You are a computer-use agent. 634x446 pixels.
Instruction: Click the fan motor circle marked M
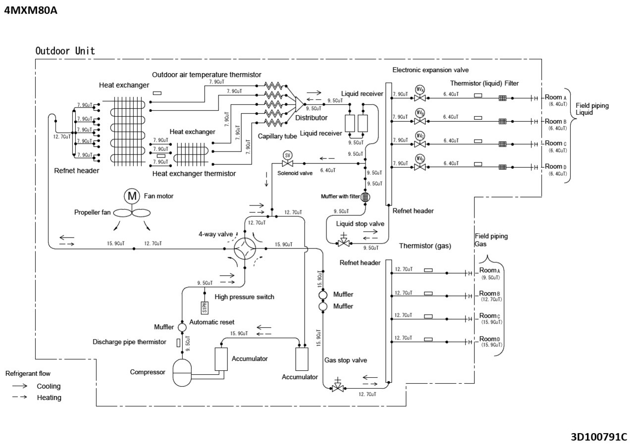[x=132, y=196]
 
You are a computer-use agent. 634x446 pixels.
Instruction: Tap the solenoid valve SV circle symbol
[x=287, y=155]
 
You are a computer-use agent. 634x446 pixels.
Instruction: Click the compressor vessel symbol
[x=184, y=372]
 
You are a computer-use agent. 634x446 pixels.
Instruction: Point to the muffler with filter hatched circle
[x=366, y=197]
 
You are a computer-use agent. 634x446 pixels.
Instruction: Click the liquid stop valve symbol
[x=343, y=242]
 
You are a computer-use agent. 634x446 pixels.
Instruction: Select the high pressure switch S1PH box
[x=204, y=307]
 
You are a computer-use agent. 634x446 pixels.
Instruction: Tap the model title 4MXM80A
[x=31, y=10]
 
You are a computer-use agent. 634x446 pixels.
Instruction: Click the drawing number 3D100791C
[x=598, y=437]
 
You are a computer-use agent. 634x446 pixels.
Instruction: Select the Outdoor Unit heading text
[x=65, y=50]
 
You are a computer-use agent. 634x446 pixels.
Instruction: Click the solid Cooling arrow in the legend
[x=20, y=386]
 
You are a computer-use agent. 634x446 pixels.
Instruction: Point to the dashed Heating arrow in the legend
[x=20, y=397]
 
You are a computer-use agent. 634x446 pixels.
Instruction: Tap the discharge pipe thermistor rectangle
[x=178, y=343]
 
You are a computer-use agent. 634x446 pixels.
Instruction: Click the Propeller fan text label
[x=93, y=212]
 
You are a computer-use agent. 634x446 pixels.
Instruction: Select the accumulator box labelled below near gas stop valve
[x=301, y=359]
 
